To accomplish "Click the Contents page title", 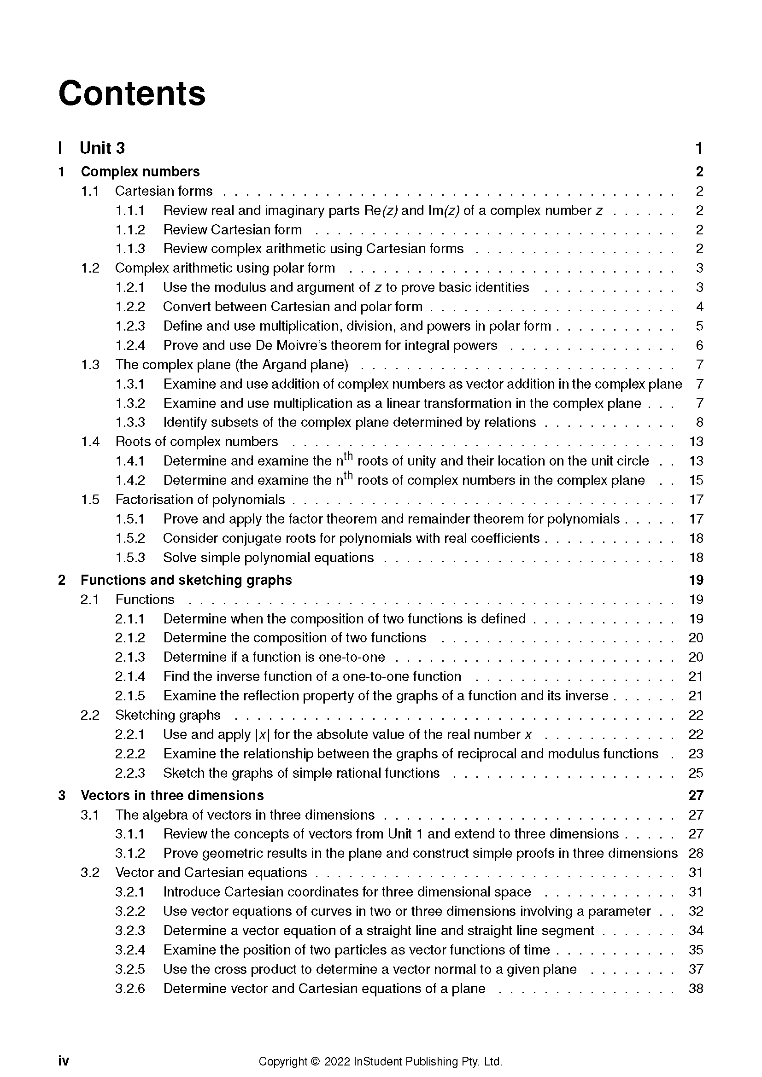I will (x=132, y=93).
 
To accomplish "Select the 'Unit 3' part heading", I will (x=102, y=148).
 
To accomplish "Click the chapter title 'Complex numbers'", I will (x=140, y=172).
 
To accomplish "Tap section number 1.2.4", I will (x=130, y=346).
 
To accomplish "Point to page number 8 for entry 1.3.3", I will (x=699, y=423).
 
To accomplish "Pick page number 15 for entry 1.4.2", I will (x=696, y=480).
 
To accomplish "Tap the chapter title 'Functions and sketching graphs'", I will (x=186, y=580).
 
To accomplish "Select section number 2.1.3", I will (x=130, y=657).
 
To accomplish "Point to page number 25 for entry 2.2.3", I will (x=696, y=773).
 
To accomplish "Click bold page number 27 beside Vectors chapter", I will (x=696, y=796).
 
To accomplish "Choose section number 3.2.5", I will (x=130, y=970).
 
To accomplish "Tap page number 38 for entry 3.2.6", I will (x=696, y=989).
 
